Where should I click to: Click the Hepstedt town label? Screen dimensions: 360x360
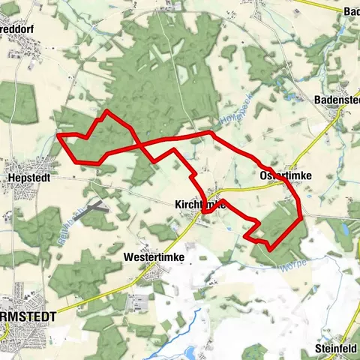[28, 178]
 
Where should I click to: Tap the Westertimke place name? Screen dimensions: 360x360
[154, 257]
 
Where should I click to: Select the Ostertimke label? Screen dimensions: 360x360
[284, 175]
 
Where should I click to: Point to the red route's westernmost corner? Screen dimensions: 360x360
[58, 136]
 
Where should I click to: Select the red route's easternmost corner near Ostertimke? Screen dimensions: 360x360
[301, 218]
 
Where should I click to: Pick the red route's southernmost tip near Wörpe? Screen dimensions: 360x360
[269, 247]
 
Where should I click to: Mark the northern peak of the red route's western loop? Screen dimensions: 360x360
[106, 112]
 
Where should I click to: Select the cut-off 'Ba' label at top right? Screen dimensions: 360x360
[350, 11]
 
